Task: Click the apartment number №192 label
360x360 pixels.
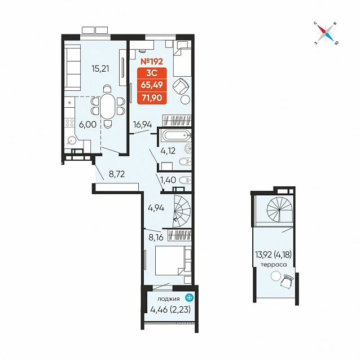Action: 152,62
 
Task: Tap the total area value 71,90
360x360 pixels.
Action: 152,98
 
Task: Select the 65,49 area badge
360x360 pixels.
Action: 152,85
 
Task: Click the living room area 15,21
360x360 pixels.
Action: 100,68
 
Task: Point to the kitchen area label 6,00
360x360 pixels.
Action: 87,125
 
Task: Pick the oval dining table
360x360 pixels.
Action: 107,106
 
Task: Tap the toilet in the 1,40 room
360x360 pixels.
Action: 185,180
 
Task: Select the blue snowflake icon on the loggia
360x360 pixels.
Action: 190,298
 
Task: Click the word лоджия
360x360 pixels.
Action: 169,298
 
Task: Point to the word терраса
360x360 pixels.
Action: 274,265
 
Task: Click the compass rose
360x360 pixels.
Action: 326,33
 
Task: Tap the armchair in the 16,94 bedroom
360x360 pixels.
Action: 181,86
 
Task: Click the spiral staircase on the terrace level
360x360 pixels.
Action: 280,209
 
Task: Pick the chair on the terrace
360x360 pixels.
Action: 286,281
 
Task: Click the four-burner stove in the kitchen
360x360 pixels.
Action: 69,123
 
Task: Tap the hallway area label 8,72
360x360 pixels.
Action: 117,174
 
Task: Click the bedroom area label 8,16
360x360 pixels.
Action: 156,238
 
